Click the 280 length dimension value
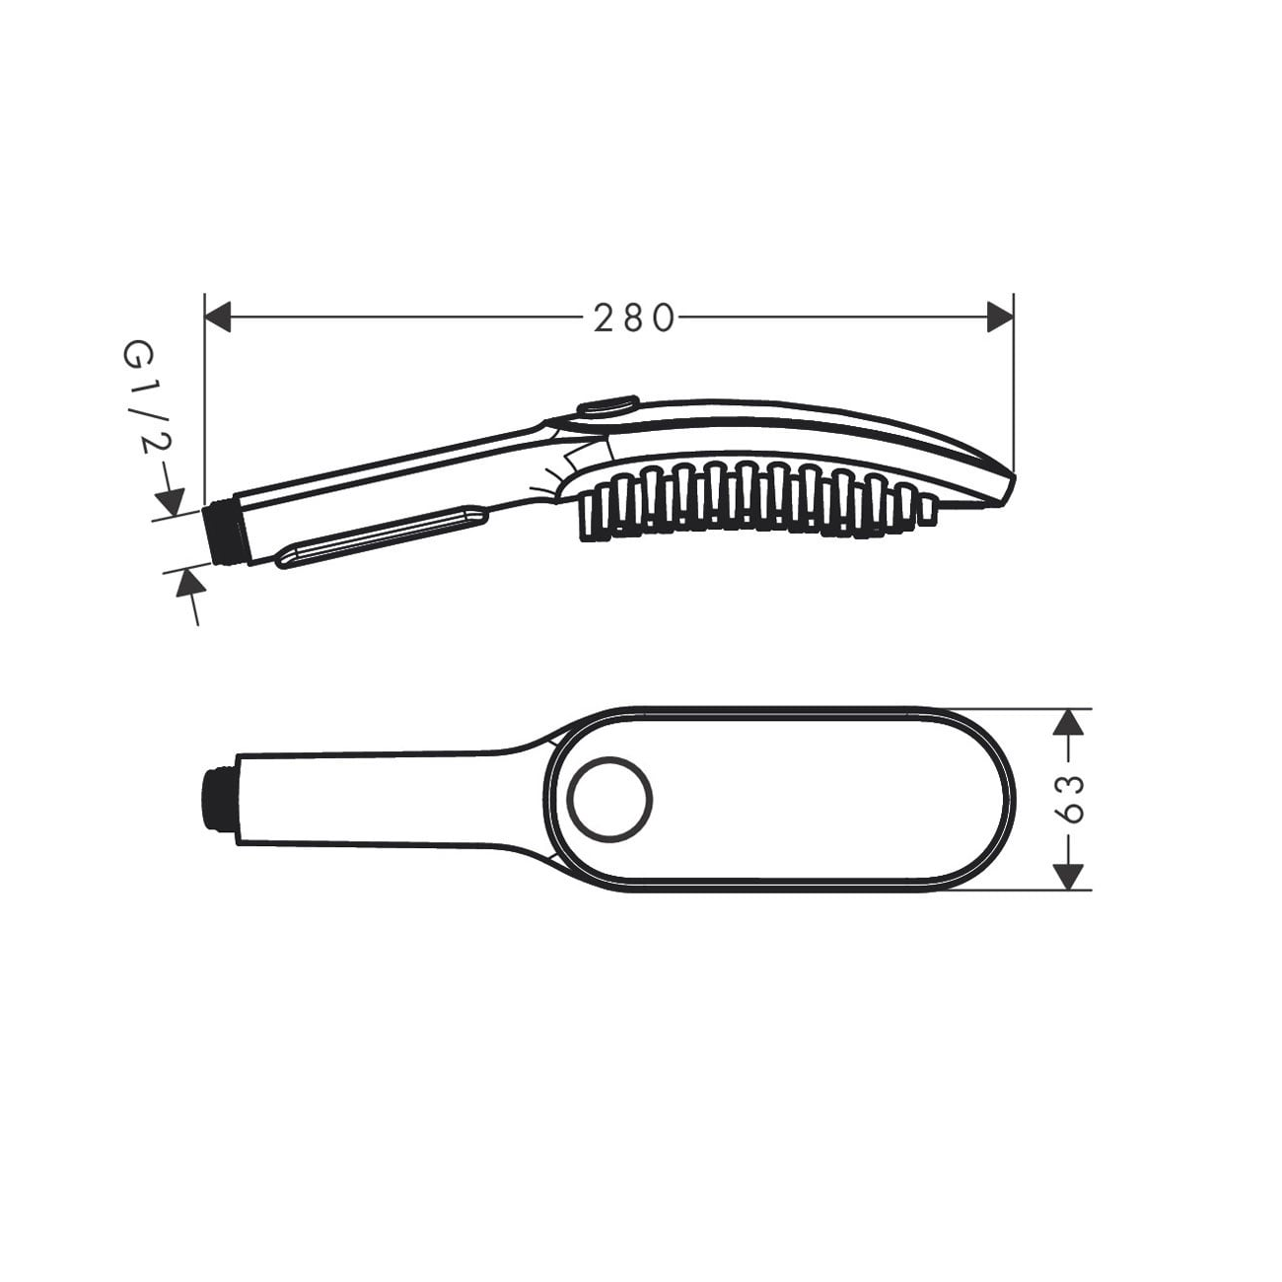point(634,318)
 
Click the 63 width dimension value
point(1069,799)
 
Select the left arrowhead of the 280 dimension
point(217,318)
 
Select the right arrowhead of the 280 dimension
point(1000,318)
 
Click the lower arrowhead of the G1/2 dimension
point(190,583)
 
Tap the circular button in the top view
point(611,799)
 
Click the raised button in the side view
point(607,406)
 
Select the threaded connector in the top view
point(218,800)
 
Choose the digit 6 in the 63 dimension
point(1069,813)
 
